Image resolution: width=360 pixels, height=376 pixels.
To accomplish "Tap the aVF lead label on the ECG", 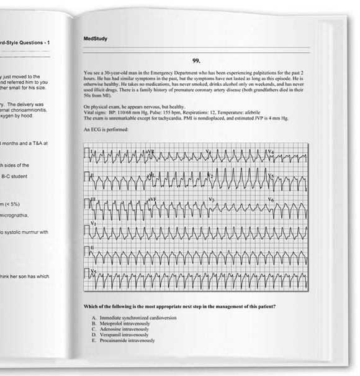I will (150, 199).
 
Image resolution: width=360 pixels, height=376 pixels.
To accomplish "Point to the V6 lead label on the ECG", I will (270, 199).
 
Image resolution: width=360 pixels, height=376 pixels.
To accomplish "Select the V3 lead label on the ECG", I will (211, 199).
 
